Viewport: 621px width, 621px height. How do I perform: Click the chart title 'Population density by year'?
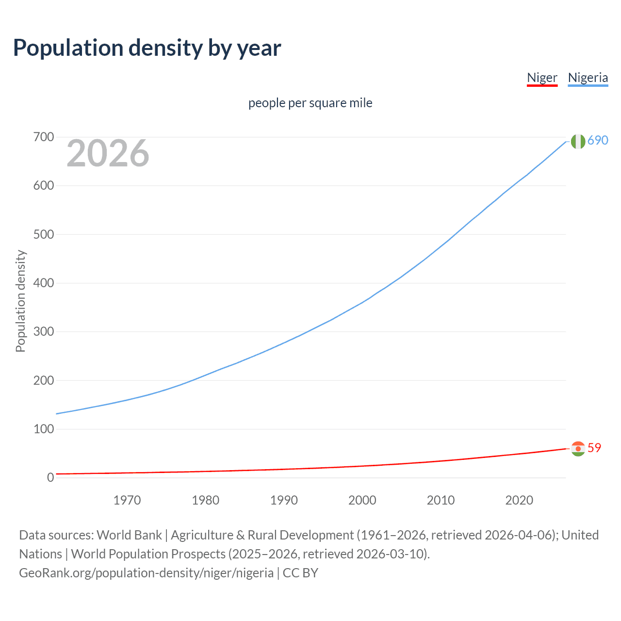click(x=147, y=48)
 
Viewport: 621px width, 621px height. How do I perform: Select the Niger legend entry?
click(x=542, y=78)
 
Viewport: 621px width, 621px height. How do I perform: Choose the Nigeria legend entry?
click(x=588, y=78)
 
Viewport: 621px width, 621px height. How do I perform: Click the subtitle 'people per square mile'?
click(x=310, y=103)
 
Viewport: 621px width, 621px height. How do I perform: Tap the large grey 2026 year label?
click(x=108, y=153)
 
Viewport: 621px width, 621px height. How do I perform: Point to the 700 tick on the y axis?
click(x=43, y=137)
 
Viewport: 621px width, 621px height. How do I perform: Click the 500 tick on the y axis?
click(x=43, y=234)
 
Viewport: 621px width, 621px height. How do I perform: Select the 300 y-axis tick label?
click(x=43, y=332)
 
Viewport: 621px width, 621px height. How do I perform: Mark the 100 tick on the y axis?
click(x=43, y=429)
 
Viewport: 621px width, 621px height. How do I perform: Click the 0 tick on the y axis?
click(x=50, y=478)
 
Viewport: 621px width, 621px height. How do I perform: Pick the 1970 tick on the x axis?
click(x=127, y=500)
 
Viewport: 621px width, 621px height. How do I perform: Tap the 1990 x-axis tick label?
click(x=284, y=500)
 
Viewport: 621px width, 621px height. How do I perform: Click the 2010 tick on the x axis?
click(x=441, y=500)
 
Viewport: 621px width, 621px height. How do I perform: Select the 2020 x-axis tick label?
click(x=519, y=500)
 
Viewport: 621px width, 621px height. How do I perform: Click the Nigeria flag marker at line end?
click(x=578, y=141)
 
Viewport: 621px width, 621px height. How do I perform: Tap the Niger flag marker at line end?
click(x=578, y=449)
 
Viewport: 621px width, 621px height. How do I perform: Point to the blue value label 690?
click(x=598, y=140)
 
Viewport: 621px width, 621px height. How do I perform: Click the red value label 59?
click(x=594, y=448)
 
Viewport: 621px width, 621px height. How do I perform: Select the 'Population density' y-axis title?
click(x=20, y=301)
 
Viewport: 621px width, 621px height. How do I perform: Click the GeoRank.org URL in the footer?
click(x=146, y=573)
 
